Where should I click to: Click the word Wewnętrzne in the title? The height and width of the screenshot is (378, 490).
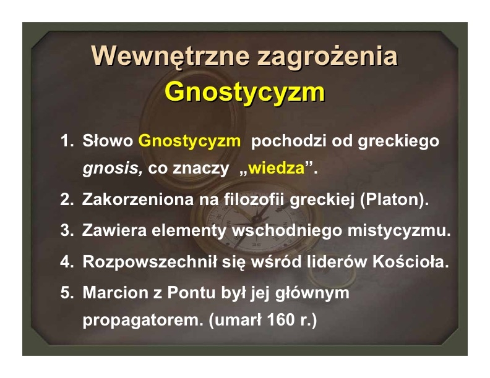(171, 56)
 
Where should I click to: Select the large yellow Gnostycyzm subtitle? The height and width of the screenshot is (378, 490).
(244, 93)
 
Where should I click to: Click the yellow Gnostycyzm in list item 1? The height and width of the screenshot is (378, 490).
(190, 141)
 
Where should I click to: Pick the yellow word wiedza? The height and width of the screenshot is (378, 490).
(277, 169)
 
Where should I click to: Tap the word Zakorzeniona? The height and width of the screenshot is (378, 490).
(138, 199)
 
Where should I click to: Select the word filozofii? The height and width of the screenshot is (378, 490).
(254, 199)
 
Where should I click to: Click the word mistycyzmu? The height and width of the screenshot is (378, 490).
(399, 231)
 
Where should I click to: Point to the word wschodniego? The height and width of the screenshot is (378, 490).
(286, 231)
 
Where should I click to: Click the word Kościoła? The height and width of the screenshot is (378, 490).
(411, 262)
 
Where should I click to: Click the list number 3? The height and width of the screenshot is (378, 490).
(67, 231)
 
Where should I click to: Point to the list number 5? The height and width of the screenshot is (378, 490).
(67, 293)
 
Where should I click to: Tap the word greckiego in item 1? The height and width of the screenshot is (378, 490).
(398, 141)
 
